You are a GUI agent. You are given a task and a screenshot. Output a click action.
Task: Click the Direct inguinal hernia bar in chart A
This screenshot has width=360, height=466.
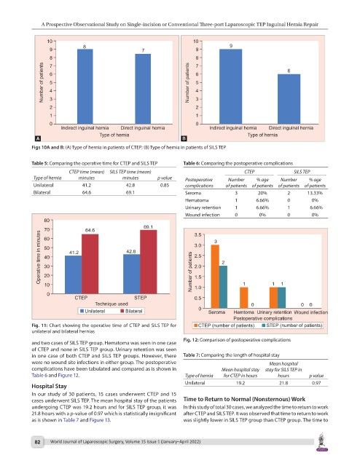[x=143, y=89]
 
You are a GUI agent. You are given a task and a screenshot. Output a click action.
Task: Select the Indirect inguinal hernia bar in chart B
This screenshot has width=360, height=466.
[x=230, y=87]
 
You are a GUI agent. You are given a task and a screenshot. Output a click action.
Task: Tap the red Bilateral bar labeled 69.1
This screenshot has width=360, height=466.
[x=149, y=262]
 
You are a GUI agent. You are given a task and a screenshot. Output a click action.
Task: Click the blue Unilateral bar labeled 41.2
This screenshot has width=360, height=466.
[x=73, y=275]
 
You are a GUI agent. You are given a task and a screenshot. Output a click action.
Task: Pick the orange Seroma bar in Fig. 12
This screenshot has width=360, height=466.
[x=215, y=277]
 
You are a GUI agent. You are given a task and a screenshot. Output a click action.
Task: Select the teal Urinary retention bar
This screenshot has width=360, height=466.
[x=281, y=298]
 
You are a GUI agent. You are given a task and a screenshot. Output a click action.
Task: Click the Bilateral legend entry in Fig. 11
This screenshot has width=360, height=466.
[x=131, y=311]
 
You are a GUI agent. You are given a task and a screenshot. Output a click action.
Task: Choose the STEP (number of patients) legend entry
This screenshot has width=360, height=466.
[x=292, y=325]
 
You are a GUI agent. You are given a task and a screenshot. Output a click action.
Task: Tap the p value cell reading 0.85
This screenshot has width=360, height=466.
[x=165, y=185]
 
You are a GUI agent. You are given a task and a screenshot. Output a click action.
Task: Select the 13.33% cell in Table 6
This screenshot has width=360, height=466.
[x=315, y=193]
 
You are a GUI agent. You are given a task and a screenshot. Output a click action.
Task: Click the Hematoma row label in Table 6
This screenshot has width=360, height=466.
[x=197, y=200]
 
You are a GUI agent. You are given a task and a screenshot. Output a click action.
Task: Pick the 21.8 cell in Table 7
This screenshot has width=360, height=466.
[x=283, y=383]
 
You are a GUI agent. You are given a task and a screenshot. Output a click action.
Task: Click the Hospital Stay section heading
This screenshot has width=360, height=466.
[x=49, y=386]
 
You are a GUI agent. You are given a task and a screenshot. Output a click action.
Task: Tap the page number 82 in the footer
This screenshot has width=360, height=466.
[x=37, y=442]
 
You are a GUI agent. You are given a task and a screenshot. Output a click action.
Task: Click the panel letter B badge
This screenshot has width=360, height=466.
[x=184, y=138]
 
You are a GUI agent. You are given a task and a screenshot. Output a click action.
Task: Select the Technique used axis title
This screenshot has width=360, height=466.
[x=111, y=304]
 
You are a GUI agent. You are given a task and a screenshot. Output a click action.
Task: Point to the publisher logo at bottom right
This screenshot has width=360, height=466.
[x=321, y=443]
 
